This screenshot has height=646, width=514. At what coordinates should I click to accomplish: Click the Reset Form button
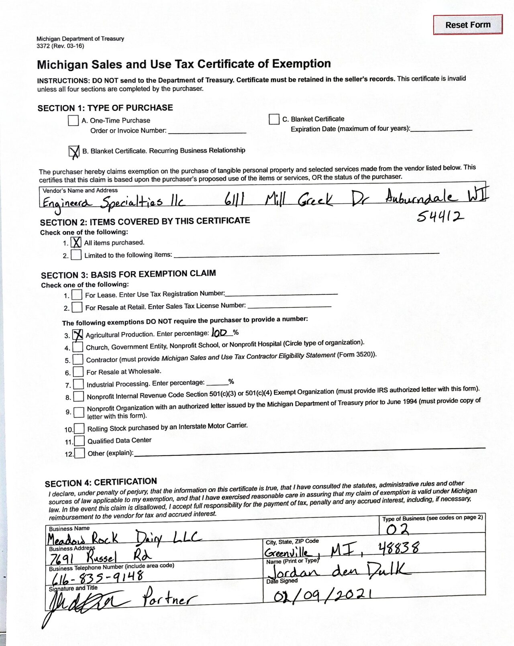[468, 25]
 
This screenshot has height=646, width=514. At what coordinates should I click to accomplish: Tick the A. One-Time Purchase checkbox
[73, 120]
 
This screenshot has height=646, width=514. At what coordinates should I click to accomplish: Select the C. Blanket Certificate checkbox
[274, 119]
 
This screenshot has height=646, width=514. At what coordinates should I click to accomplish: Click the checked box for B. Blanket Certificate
[74, 151]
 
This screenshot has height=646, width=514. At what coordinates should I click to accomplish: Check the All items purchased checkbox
[76, 243]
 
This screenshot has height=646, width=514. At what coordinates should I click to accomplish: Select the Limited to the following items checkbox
[76, 255]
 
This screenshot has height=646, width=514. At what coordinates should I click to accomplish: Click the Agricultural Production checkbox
[78, 335]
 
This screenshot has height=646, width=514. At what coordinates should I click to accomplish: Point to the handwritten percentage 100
[220, 333]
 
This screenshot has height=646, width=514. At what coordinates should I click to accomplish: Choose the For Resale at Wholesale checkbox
[78, 372]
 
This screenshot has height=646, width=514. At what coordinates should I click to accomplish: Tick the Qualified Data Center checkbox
[80, 441]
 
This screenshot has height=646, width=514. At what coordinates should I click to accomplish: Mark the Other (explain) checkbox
[80, 453]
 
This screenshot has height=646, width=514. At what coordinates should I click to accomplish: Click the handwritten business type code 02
[397, 530]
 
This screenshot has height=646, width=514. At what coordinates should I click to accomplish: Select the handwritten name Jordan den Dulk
[339, 570]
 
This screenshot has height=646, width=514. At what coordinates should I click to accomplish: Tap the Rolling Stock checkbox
[79, 429]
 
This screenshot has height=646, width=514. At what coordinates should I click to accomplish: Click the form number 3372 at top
[43, 46]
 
